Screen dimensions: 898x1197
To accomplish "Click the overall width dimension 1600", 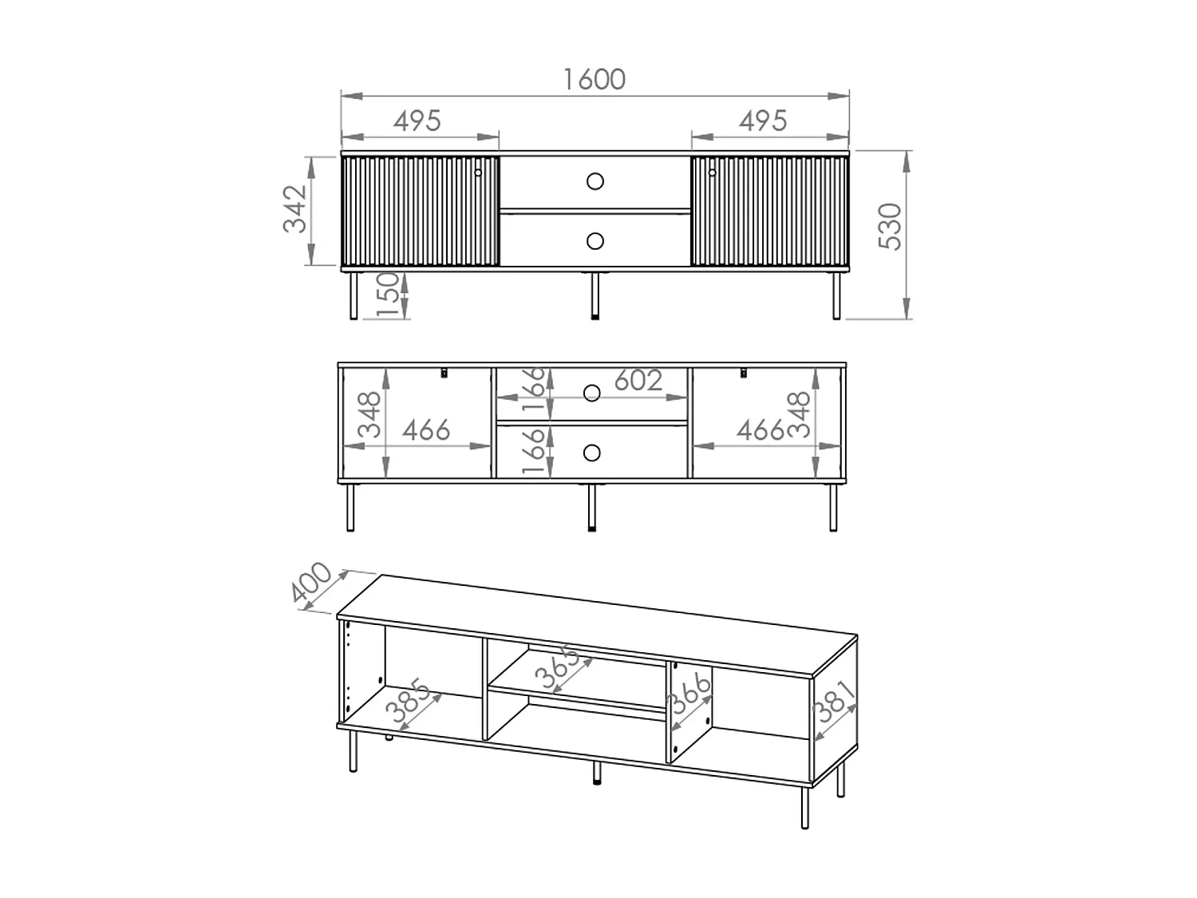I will tap(595, 80).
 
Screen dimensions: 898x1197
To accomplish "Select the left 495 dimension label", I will tap(417, 121).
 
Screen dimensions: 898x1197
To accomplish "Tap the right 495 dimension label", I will tap(763, 121).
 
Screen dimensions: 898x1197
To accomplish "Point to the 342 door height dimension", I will tap(296, 209).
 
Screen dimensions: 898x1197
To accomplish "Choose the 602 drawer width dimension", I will tap(638, 381).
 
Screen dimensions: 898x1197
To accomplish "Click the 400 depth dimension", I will tap(312, 585).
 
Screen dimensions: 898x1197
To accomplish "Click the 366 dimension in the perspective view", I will tap(689, 695).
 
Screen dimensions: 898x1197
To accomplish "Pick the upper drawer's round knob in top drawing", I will tap(595, 182).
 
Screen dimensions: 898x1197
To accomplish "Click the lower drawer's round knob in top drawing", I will tap(595, 240).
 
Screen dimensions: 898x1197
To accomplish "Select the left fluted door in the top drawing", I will tap(420, 212).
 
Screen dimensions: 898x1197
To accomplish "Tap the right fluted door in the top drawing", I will tap(769, 212).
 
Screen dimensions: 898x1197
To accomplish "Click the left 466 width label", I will tap(426, 431).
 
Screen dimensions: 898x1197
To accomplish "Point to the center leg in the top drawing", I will tap(595, 295).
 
